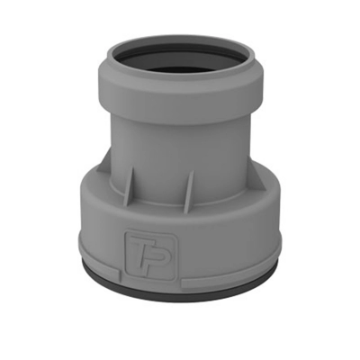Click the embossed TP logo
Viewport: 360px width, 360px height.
coord(150,255)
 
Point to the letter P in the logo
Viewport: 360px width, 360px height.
coord(158,256)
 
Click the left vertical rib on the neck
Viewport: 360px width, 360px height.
coord(129,186)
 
